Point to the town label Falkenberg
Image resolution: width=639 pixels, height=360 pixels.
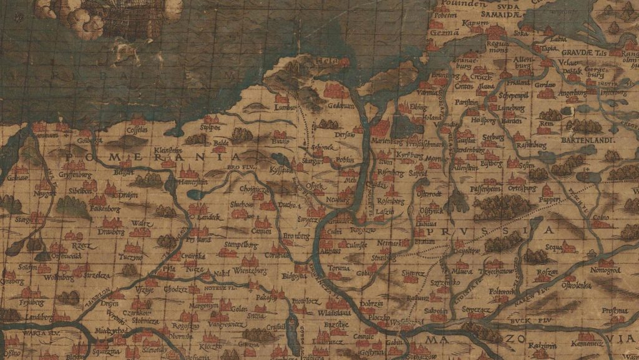pyautogui.click(x=104, y=207)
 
